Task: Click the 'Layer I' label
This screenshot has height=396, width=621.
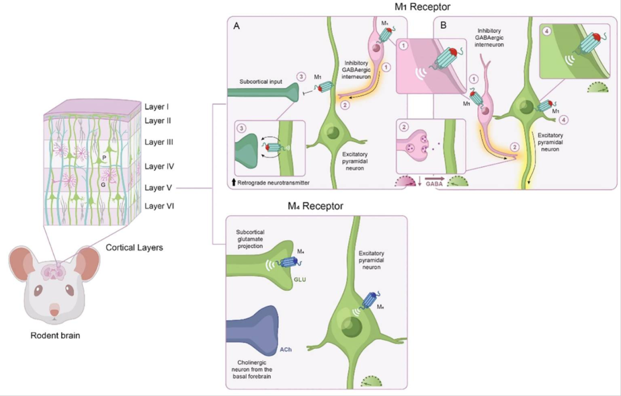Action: (159, 107)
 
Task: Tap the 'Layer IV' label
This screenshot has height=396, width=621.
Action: (160, 167)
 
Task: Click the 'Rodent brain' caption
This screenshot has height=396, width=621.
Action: (55, 336)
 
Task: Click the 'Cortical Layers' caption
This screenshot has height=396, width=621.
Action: (135, 248)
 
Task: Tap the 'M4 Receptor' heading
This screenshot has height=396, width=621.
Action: (316, 206)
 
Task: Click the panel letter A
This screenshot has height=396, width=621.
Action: (236, 25)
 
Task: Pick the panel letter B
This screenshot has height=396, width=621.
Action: (443, 25)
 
